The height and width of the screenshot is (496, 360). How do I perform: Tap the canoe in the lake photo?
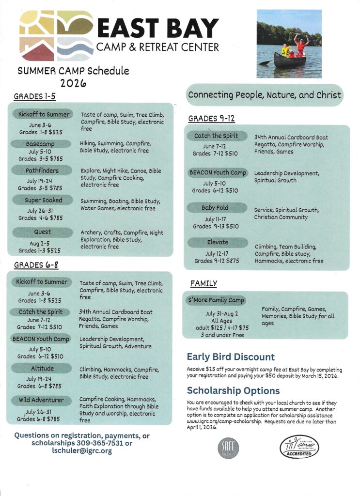click(x=290, y=60)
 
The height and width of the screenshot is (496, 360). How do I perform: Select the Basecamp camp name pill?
click(x=40, y=144)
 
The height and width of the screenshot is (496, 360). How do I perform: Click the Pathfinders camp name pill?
click(x=42, y=170)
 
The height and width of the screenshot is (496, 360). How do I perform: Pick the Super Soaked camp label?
click(x=42, y=200)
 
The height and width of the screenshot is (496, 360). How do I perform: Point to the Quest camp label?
click(x=42, y=232)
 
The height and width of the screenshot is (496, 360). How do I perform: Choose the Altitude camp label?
click(x=42, y=369)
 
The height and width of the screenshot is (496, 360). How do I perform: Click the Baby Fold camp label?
click(x=215, y=208)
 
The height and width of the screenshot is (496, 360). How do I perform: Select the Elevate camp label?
click(x=215, y=242)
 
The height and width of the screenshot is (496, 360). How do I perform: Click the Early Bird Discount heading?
click(x=231, y=357)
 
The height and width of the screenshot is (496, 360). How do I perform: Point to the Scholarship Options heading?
click(x=233, y=390)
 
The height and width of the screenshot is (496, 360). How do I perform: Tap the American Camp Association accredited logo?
click(x=299, y=446)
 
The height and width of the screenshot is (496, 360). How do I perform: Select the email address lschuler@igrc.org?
click(x=82, y=450)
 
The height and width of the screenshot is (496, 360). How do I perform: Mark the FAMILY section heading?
click(x=203, y=283)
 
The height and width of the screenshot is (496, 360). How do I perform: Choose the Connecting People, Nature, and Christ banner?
click(x=265, y=95)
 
